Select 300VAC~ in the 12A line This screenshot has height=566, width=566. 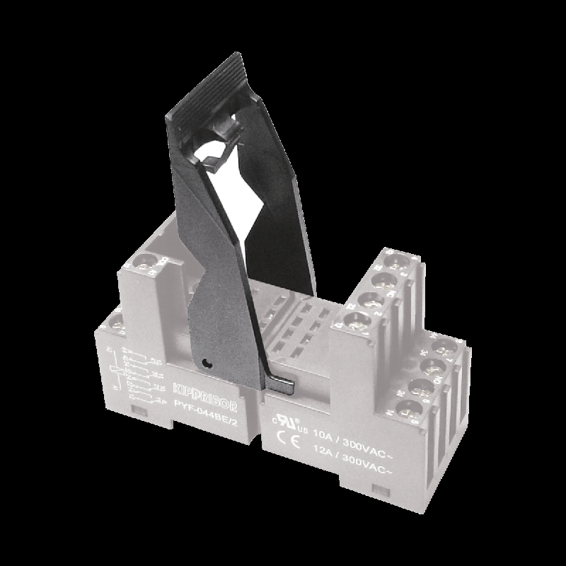pyautogui.click(x=373, y=458)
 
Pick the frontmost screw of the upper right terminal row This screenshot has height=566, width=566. pyautogui.click(x=355, y=322)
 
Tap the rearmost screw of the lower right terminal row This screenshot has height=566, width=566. pyautogui.click(x=444, y=347)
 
